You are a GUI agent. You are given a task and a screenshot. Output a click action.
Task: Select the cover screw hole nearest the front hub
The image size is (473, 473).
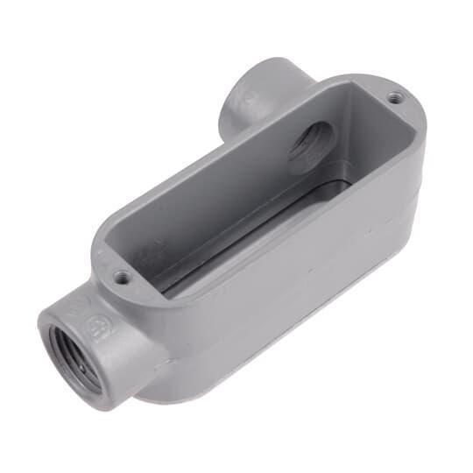tap(122, 277)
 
